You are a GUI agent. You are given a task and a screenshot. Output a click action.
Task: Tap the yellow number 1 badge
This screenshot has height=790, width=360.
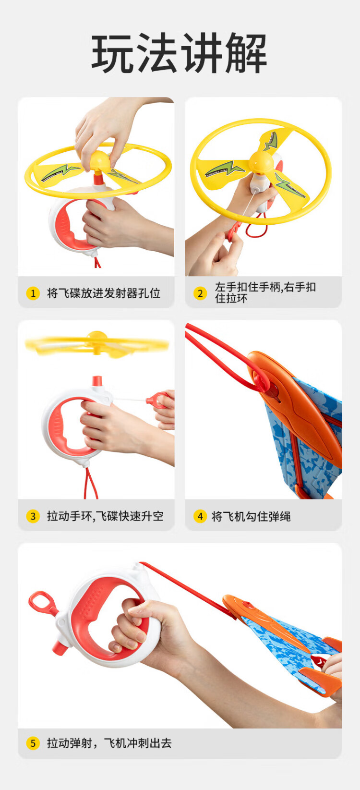coord(33,293)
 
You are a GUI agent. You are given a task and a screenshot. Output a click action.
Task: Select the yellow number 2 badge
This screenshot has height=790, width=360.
coord(200,293)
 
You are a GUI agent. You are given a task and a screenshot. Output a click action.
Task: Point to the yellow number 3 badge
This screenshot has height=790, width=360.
coord(33,516)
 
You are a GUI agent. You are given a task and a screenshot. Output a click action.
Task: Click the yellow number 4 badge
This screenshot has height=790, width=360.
coord(200,516)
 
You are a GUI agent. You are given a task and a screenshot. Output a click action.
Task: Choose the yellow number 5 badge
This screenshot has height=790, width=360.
coord(33,743)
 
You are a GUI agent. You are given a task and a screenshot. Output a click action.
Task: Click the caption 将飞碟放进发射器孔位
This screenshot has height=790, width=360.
coord(104,293)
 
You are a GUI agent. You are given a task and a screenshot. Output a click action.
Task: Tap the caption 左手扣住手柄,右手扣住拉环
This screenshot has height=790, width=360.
coord(265,293)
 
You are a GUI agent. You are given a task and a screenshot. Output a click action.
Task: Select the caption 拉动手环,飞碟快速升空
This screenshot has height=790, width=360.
coord(105,516)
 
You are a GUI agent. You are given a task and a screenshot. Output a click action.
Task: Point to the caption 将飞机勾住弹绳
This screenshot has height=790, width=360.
coord(251,517)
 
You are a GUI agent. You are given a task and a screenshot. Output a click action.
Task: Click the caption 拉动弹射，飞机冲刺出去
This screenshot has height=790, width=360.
coord(109,743)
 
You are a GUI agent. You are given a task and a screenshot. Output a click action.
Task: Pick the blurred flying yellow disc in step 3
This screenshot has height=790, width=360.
coord(96,343)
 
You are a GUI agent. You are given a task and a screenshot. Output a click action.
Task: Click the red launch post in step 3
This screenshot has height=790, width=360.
coord(97,381)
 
